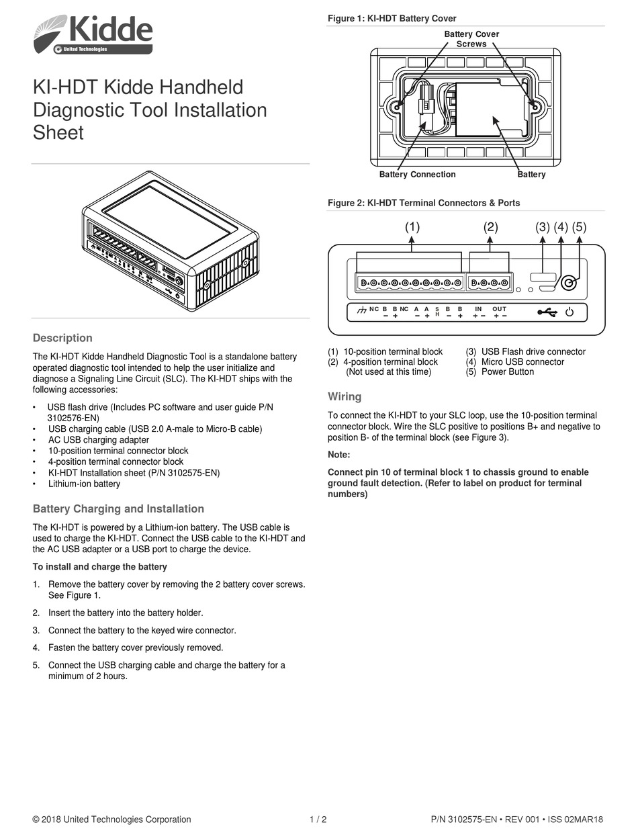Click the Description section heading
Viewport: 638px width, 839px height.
click(62, 338)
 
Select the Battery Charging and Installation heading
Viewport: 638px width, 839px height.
click(118, 509)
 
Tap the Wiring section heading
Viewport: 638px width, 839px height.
click(345, 396)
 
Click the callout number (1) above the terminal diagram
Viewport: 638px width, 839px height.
click(412, 227)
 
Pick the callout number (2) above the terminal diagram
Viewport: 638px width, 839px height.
click(490, 227)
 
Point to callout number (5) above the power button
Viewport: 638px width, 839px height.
click(579, 227)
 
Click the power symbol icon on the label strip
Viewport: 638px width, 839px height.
click(569, 312)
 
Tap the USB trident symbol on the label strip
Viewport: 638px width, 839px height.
click(547, 312)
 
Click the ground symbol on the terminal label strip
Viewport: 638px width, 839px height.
click(361, 310)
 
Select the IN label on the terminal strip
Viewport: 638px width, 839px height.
click(478, 308)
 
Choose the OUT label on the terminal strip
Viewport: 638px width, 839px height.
click(499, 308)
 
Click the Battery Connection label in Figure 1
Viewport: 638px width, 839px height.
click(417, 175)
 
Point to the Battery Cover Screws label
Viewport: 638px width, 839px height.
click(471, 39)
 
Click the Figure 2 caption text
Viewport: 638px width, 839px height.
click(423, 203)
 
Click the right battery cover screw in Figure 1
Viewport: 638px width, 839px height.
click(535, 106)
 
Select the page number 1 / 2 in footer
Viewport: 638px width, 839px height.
click(318, 820)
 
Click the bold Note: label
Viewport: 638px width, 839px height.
click(339, 455)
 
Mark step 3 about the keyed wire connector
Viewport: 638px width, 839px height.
click(142, 630)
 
